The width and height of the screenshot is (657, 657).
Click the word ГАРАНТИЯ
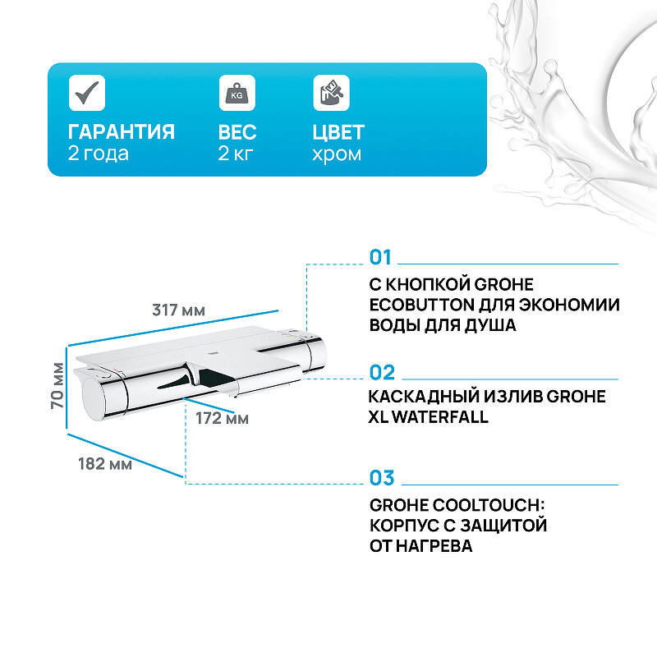coord(122,132)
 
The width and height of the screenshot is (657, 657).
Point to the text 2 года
coord(99,154)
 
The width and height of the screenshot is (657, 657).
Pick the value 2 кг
coord(237,154)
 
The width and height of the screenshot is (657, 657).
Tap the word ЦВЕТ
coord(338,132)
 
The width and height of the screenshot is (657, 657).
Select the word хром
coord(337,154)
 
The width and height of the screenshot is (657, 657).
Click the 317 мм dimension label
coord(179,310)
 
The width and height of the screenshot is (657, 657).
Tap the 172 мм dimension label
coord(222,419)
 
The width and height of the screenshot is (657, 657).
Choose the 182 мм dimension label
coord(105,464)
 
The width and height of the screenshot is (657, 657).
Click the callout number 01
coord(381,258)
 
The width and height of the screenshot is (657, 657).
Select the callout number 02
coord(382,372)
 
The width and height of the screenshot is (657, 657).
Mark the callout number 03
coord(382,478)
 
